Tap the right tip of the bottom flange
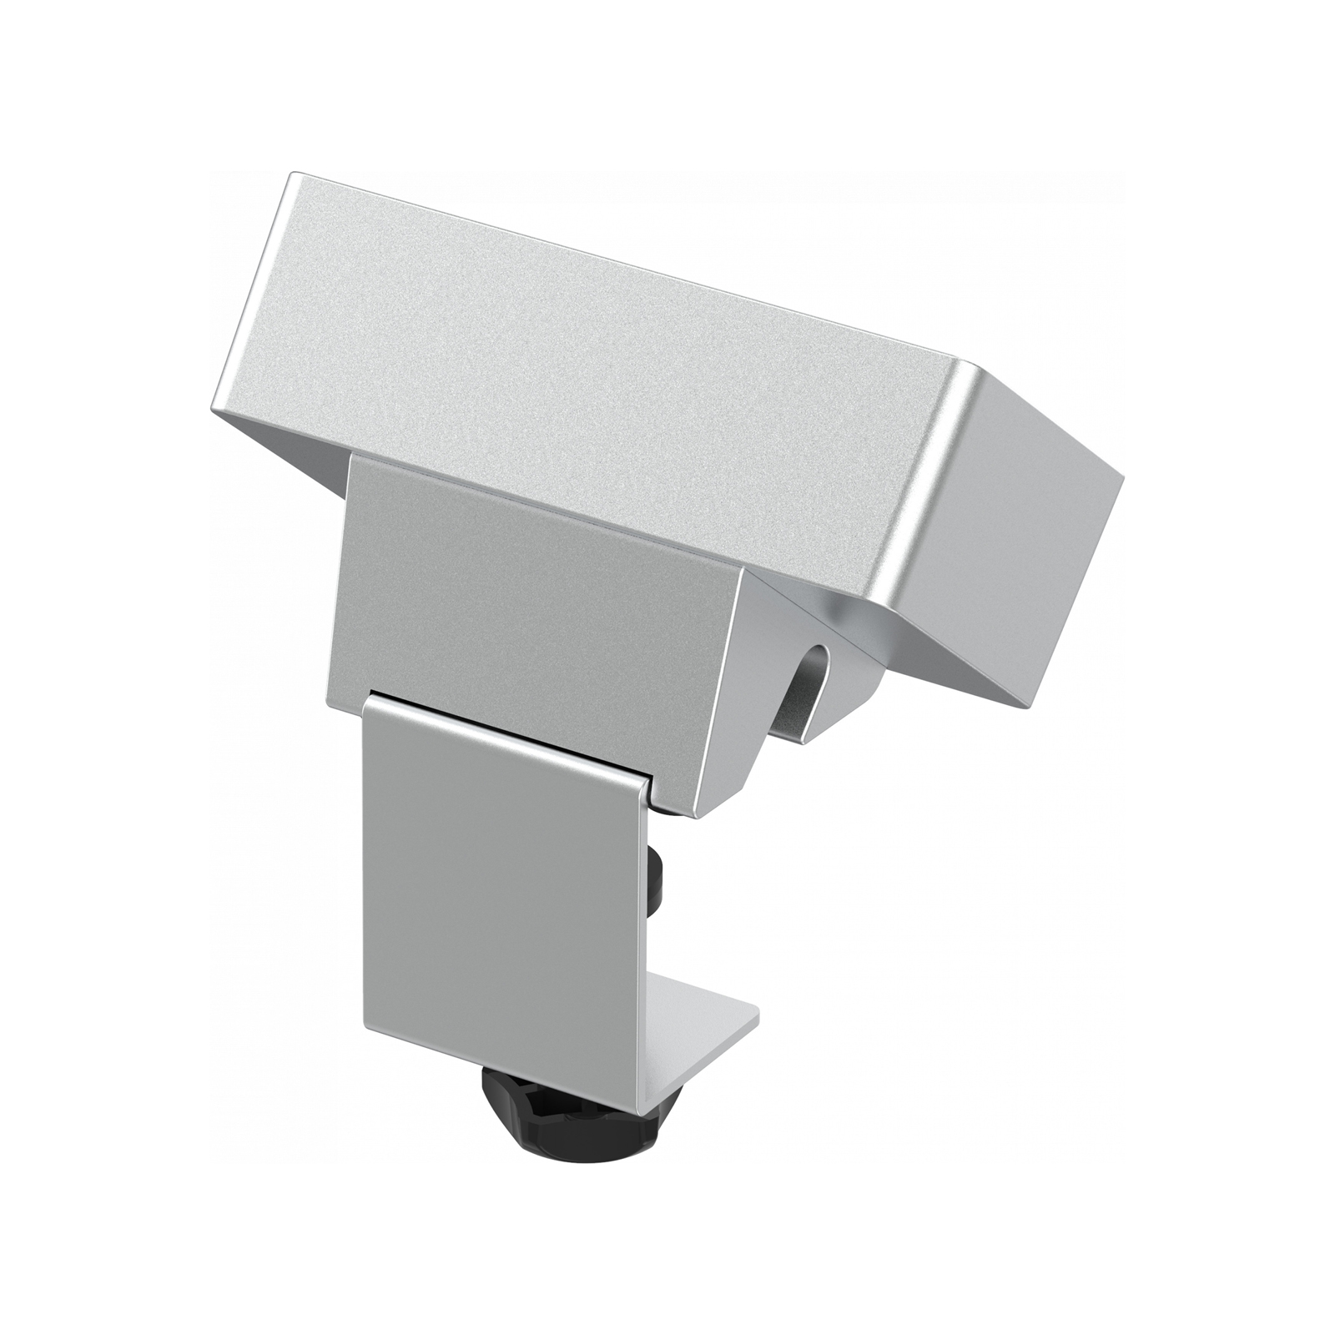[x=758, y=1019]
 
